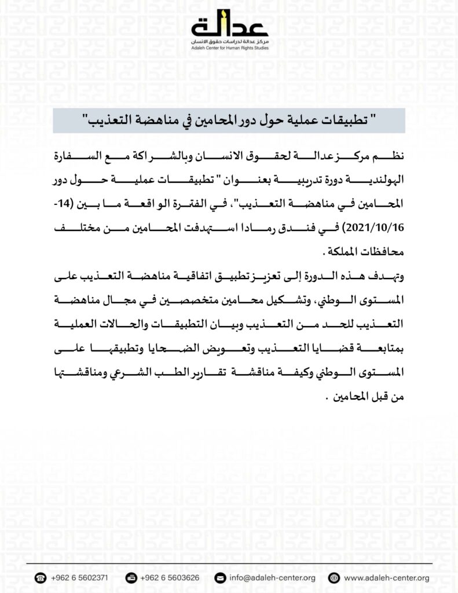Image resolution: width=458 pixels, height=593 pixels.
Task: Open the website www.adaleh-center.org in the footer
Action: tap(386, 578)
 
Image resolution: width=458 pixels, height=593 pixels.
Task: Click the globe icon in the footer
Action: tap(333, 578)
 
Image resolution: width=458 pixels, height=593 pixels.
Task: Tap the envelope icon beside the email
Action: tap(219, 578)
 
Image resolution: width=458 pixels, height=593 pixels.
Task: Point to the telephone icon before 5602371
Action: tap(41, 578)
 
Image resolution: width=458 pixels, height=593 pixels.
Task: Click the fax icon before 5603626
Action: tap(131, 578)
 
